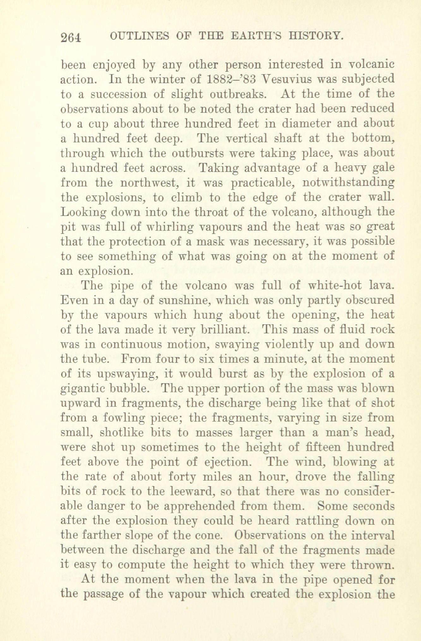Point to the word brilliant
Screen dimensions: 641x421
click(x=225, y=329)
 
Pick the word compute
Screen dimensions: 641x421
click(x=140, y=565)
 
